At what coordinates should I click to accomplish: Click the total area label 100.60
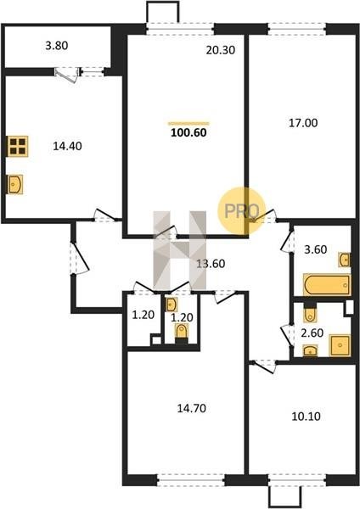(188, 132)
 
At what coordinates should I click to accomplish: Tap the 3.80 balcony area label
(57, 46)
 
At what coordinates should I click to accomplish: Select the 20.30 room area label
(220, 50)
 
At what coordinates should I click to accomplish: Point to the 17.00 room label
(303, 123)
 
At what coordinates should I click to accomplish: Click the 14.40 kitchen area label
(67, 146)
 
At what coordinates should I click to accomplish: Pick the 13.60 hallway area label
(211, 264)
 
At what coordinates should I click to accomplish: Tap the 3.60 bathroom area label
(315, 249)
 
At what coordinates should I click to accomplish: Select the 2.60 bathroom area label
(312, 333)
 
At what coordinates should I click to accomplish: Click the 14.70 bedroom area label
(191, 408)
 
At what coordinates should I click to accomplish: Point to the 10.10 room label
(306, 417)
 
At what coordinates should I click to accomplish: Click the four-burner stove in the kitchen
(18, 146)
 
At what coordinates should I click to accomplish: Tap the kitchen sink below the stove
(15, 184)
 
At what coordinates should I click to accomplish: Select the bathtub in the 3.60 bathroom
(327, 285)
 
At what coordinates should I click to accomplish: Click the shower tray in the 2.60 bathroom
(340, 345)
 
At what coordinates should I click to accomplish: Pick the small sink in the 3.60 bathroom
(345, 259)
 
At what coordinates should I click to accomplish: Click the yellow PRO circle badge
(242, 211)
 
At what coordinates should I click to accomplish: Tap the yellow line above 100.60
(188, 123)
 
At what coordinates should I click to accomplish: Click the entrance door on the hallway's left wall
(79, 259)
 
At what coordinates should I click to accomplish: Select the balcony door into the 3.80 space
(67, 75)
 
